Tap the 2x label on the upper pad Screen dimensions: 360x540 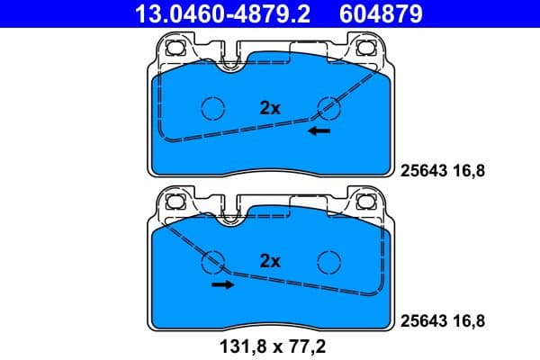coord(270,107)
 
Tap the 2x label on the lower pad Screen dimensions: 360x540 coord(270,261)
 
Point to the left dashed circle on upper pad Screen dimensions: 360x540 coord(213,107)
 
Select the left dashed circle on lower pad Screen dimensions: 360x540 coord(213,261)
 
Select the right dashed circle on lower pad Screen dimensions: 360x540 coord(328,261)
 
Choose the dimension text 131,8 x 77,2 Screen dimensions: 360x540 coord(270,345)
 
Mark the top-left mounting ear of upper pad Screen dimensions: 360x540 coord(174,49)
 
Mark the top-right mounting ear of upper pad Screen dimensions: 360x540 coord(366,49)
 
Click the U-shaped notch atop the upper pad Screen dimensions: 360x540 coord(232,60)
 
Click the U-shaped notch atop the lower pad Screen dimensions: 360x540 coord(232,214)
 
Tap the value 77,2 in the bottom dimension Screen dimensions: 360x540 coord(307,345)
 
